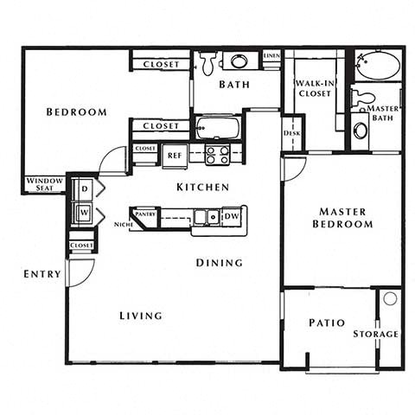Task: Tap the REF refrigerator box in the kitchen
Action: click(x=174, y=156)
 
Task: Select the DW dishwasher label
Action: click(x=232, y=216)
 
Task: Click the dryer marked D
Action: click(x=85, y=188)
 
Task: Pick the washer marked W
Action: click(x=85, y=212)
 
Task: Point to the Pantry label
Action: click(x=145, y=213)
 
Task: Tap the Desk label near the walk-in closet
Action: click(x=291, y=133)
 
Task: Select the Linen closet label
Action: click(x=271, y=54)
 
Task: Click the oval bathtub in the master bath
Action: click(x=378, y=66)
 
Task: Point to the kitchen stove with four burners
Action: click(x=216, y=155)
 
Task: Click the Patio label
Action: click(x=327, y=323)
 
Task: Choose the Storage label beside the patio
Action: click(x=375, y=334)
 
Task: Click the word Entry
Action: click(x=42, y=274)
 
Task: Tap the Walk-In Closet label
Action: click(x=312, y=88)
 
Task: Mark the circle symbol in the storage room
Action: click(x=390, y=298)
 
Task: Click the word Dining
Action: click(x=219, y=263)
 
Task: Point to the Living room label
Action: click(x=140, y=316)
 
